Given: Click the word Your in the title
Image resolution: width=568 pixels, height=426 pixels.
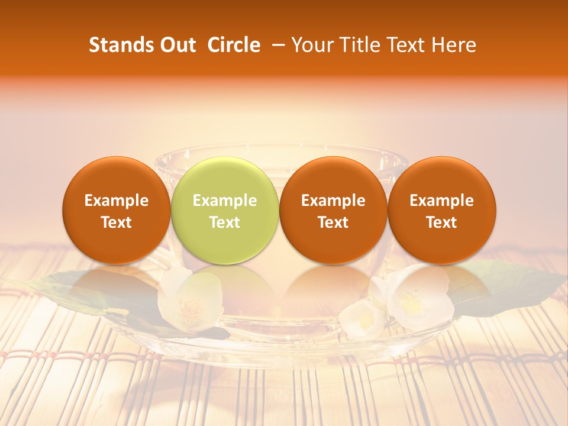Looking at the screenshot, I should point(312,45).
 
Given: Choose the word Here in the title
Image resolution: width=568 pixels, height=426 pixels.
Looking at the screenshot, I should point(454,45).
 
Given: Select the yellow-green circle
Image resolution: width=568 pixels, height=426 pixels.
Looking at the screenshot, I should point(225,209).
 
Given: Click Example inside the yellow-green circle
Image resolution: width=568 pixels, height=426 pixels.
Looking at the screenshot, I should point(225,201).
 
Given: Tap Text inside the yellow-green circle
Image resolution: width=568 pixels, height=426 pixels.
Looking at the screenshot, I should point(225,222).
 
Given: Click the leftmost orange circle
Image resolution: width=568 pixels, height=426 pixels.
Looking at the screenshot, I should point(116,209).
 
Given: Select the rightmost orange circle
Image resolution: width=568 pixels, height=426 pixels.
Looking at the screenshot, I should point(442,209).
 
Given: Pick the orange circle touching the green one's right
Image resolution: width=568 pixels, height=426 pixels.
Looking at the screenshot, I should point(333,209).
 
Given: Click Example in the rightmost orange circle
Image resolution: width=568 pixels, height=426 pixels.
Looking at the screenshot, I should point(442,201).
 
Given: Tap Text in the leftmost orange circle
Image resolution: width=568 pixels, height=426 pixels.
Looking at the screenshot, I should point(116,222).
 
